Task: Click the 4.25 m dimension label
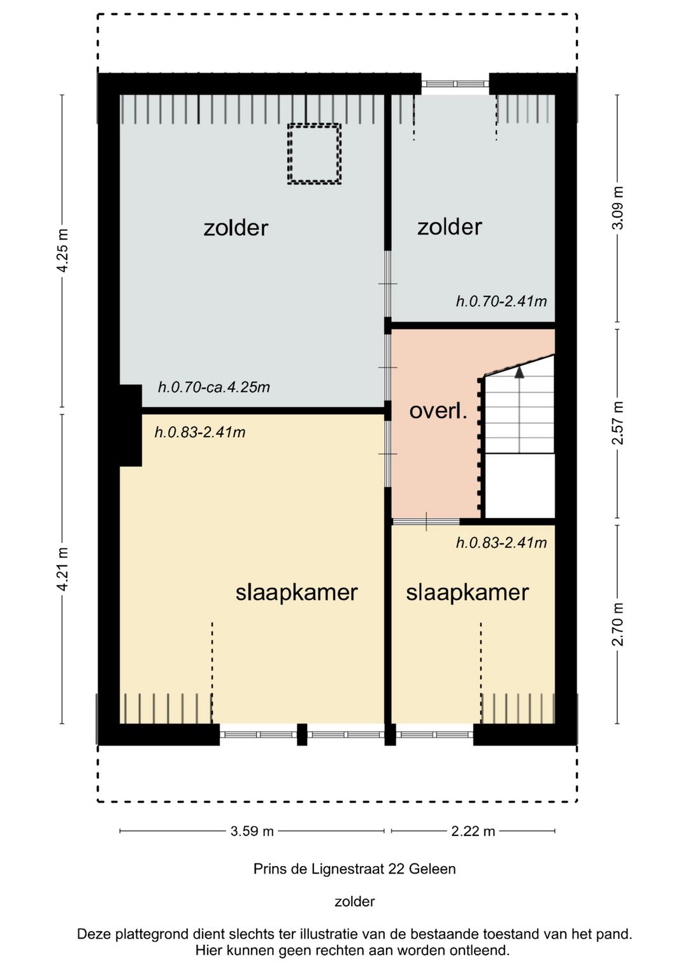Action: click(x=63, y=250)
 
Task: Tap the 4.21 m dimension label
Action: click(x=63, y=569)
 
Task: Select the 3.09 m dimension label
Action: click(x=617, y=207)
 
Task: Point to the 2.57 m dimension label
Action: click(x=617, y=423)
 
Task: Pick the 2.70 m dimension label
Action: click(x=617, y=624)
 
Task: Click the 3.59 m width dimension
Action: click(x=252, y=831)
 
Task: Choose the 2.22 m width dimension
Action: click(x=473, y=831)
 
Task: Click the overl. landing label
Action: click(x=438, y=411)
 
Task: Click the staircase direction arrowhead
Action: click(x=519, y=372)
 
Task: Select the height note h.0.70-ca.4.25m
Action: click(x=214, y=387)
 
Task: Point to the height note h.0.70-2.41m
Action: click(x=501, y=301)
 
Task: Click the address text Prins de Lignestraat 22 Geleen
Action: click(x=355, y=869)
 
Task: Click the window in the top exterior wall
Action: click(x=455, y=84)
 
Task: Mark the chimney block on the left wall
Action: click(x=131, y=425)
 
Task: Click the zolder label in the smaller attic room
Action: click(x=450, y=227)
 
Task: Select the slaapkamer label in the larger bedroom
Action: click(x=296, y=592)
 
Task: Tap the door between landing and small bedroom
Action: click(x=426, y=522)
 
